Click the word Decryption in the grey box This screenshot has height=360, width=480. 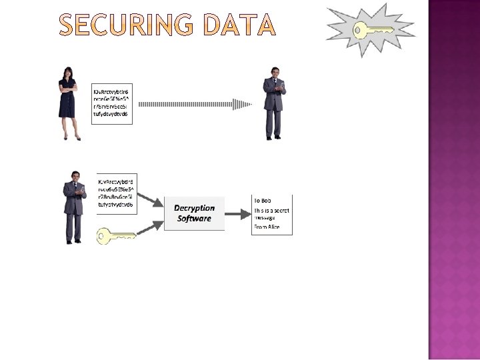click(x=195, y=209)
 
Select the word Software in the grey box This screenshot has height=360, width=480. click(x=195, y=219)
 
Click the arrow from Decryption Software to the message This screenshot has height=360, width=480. click(x=238, y=214)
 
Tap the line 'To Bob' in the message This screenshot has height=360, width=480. click(x=262, y=200)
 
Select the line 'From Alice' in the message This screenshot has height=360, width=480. click(x=266, y=228)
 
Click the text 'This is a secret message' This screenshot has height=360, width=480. click(x=271, y=213)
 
